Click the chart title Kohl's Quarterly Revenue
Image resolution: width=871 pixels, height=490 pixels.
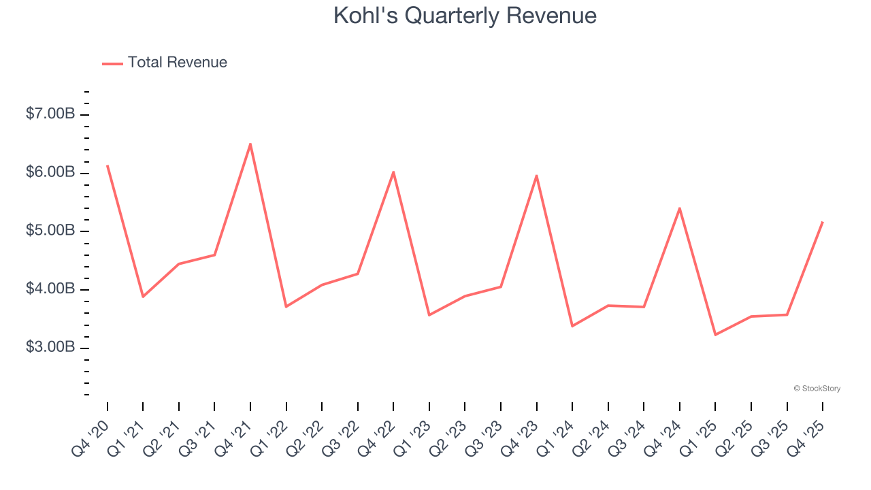click(465, 16)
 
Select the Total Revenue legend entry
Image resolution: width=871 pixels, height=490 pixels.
click(165, 63)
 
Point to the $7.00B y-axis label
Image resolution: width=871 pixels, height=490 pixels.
click(50, 114)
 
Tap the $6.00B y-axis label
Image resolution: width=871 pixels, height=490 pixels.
click(50, 173)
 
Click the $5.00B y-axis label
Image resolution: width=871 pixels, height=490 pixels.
click(50, 231)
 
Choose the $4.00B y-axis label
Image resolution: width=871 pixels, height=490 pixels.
click(50, 289)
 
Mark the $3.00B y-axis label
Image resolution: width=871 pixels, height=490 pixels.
click(50, 348)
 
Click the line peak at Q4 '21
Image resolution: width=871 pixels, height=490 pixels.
click(250, 144)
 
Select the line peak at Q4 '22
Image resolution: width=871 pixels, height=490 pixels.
click(393, 172)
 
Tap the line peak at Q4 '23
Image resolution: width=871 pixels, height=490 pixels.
click(537, 176)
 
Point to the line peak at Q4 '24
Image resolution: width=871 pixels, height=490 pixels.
click(680, 208)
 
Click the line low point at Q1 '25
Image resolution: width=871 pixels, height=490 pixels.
click(715, 335)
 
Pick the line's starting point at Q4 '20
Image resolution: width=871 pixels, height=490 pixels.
click(108, 165)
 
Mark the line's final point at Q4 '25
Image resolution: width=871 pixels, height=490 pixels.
click(823, 222)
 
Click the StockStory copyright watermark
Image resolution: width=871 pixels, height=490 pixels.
click(817, 389)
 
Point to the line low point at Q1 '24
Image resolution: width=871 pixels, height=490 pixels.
click(572, 326)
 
